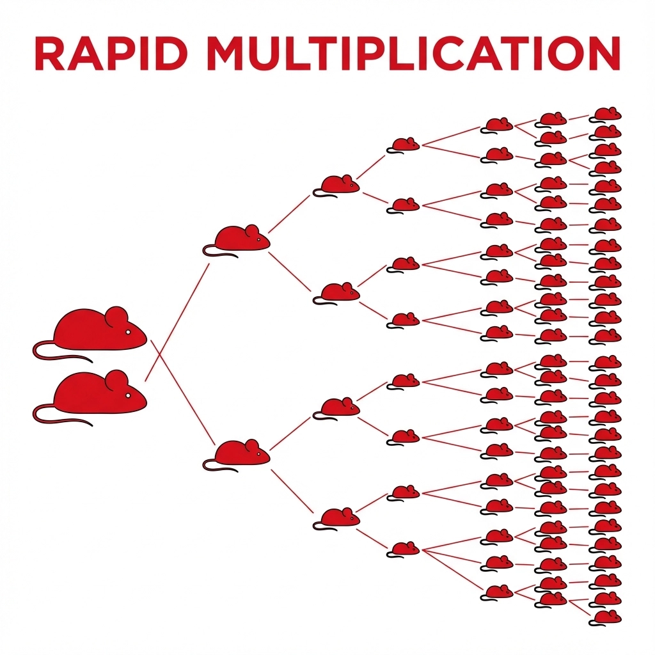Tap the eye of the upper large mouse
[x=127, y=332]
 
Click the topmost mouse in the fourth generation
[x=405, y=145]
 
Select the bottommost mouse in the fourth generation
[x=405, y=549]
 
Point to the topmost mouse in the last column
[x=606, y=114]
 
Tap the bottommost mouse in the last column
[x=606, y=617]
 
